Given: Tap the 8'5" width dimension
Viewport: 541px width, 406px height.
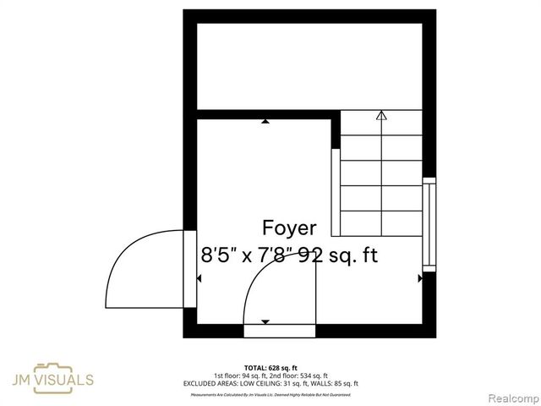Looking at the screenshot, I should click(220, 255).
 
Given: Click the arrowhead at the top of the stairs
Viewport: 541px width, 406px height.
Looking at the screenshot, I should click(381, 115).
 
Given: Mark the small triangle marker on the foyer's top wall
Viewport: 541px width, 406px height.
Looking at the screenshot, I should click(266, 122).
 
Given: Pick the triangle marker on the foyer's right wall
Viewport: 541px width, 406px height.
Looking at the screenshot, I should click(420, 277).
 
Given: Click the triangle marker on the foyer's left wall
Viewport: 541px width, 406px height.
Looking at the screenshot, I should click(199, 277).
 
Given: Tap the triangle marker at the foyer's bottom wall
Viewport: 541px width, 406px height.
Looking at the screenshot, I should click(265, 321).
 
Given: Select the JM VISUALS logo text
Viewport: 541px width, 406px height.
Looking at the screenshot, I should click(64, 381).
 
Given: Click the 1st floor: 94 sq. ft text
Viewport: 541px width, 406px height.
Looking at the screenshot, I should click(238, 376).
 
